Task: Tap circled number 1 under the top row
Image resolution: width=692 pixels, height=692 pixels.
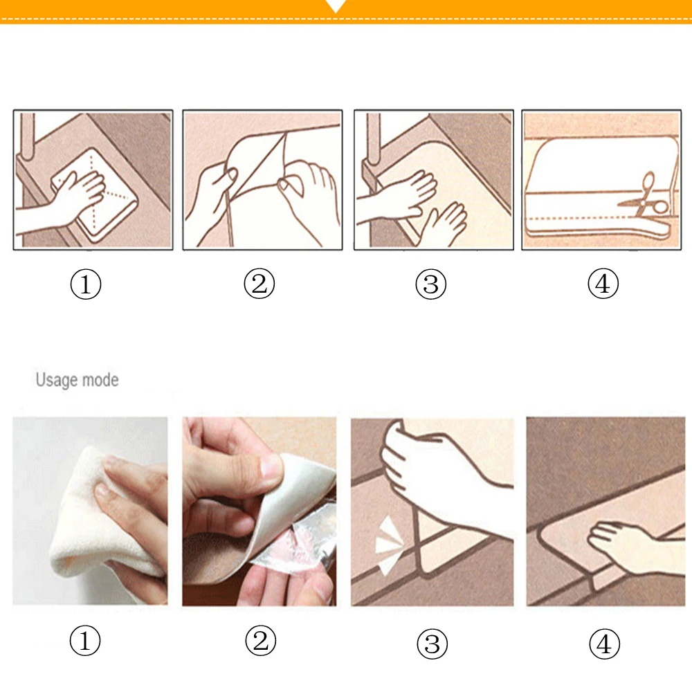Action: (x=86, y=284)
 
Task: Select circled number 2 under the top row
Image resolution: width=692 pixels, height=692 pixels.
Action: (x=259, y=283)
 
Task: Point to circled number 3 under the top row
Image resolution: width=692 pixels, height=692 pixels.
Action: (x=430, y=284)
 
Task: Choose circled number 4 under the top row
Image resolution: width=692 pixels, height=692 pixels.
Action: (x=603, y=283)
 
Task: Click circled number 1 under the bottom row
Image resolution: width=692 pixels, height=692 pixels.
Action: (x=85, y=640)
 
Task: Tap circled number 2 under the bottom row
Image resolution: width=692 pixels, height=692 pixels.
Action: (x=261, y=640)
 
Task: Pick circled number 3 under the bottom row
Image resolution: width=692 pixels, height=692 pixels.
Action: (x=432, y=644)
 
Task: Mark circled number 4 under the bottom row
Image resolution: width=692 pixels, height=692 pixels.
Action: (x=605, y=644)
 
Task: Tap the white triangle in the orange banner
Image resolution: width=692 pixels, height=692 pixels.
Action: (x=336, y=6)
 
